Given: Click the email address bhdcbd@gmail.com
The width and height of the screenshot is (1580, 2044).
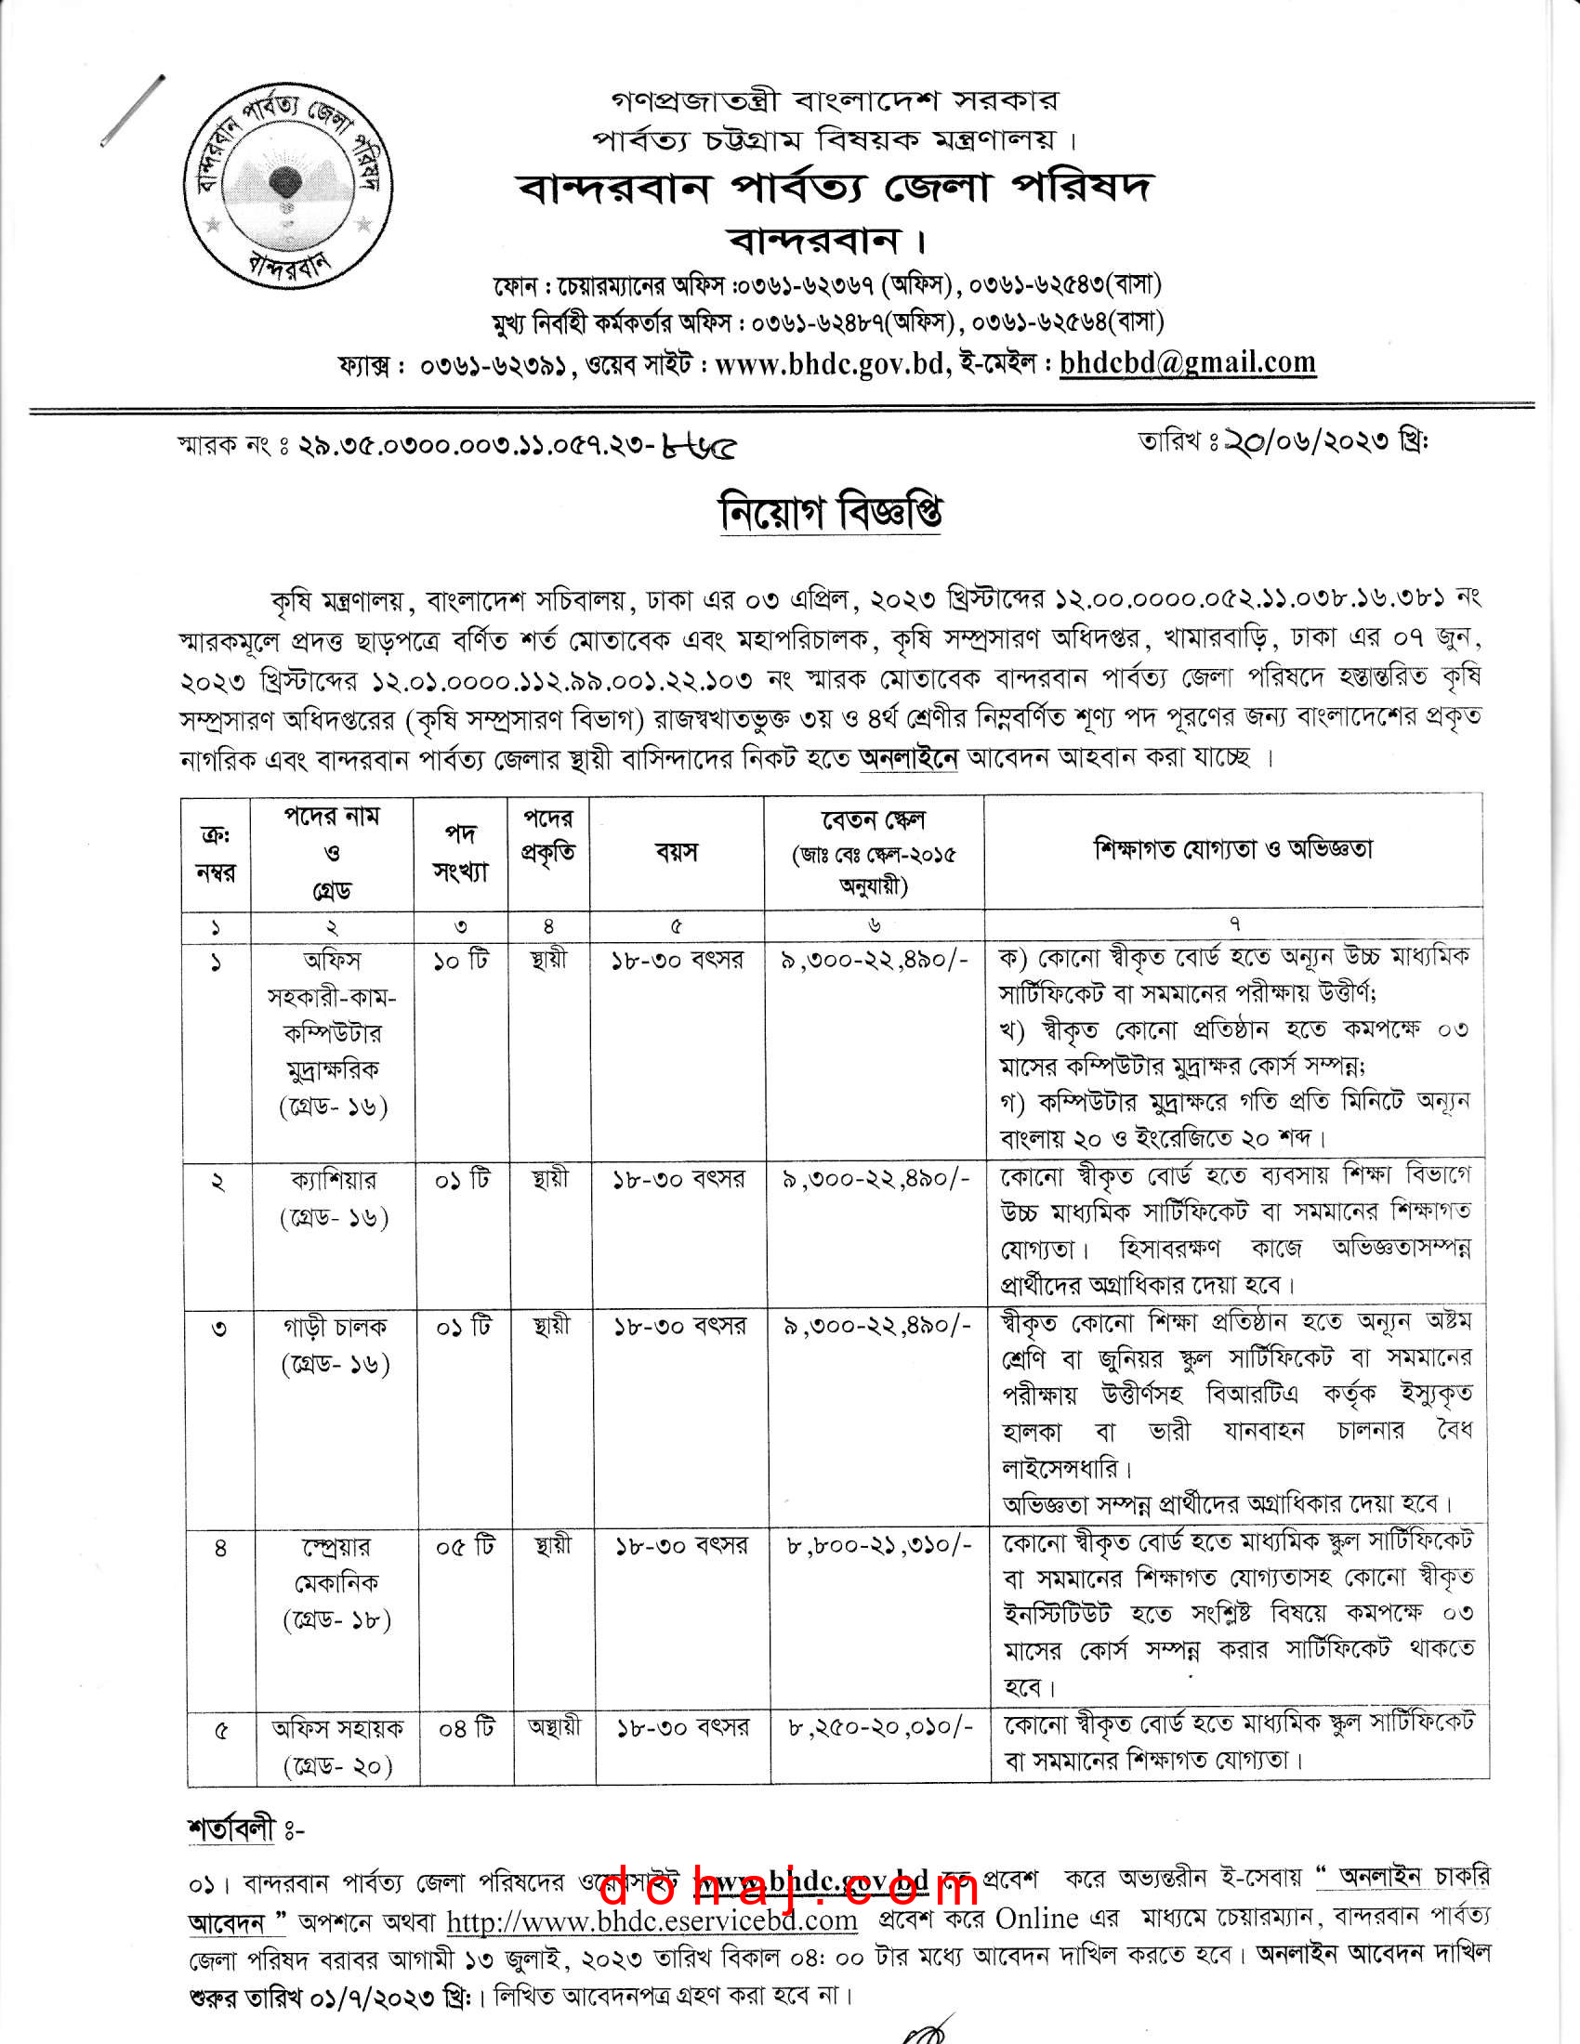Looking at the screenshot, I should tap(1187, 363).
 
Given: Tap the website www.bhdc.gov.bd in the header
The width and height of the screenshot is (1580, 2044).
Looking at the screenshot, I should tap(829, 364).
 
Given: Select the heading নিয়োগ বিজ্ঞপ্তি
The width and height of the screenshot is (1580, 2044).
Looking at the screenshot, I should tap(830, 512).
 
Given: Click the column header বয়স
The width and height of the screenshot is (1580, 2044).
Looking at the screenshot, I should tap(676, 853).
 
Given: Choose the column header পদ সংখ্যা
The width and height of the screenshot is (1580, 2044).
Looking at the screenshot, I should tap(460, 853).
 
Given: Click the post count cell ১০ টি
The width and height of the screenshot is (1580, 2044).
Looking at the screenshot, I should tap(460, 962).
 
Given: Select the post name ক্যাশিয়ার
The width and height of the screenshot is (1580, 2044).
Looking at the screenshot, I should tap(333, 1180).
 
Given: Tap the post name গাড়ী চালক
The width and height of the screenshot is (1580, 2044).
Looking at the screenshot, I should tap(335, 1327).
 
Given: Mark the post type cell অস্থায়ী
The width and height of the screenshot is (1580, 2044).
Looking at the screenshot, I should tap(554, 1726).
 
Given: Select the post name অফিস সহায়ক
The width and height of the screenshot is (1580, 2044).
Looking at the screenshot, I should tap(337, 1728).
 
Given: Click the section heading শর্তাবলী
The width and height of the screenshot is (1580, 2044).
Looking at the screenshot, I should tap(232, 1828).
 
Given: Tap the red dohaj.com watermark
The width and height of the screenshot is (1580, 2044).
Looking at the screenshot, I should tap(789, 1885).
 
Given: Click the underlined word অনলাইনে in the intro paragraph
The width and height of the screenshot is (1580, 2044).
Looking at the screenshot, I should tap(908, 757).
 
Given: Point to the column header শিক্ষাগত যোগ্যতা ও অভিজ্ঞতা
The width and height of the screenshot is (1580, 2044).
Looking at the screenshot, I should tap(1232, 850).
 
